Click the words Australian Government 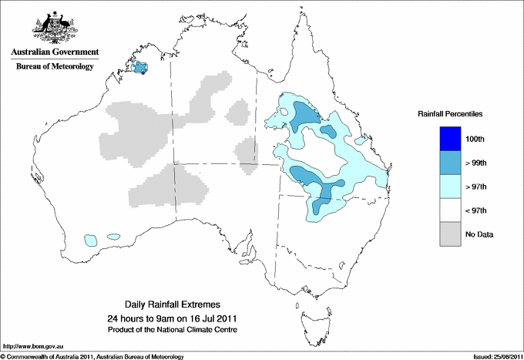click(52, 52)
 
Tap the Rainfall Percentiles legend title click(450, 113)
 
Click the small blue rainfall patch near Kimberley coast click(140, 68)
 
